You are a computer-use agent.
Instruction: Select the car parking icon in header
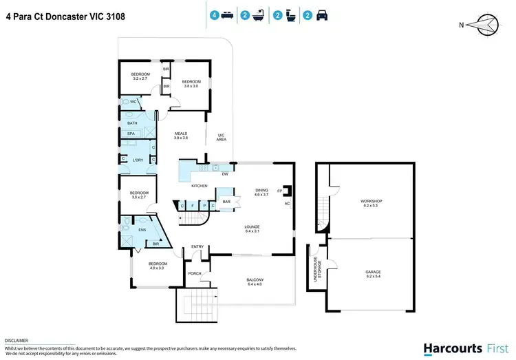[321, 14]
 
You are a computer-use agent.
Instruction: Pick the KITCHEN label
[199, 186]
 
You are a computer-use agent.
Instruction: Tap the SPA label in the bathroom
[130, 134]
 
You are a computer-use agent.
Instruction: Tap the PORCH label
[195, 274]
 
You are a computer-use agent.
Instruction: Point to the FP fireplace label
[279, 191]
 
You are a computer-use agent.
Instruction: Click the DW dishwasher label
[224, 174]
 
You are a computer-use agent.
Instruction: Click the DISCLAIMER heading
[17, 340]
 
